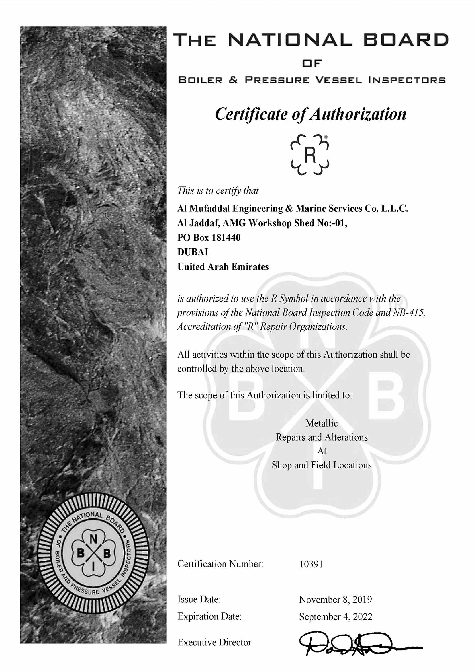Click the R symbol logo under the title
(310, 155)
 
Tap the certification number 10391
(311, 564)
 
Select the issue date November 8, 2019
(335, 600)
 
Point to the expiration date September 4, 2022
(336, 617)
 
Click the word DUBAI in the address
(193, 252)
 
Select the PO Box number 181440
(226, 238)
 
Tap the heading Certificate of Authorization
(311, 114)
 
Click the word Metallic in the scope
(322, 423)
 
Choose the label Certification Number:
(220, 564)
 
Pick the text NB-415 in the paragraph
(409, 313)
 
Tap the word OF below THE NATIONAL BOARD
(312, 63)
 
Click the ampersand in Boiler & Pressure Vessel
(234, 80)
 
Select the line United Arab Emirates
(223, 267)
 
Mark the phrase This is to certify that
(218, 191)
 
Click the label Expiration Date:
(209, 617)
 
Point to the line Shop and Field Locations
(322, 465)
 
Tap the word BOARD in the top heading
(406, 40)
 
